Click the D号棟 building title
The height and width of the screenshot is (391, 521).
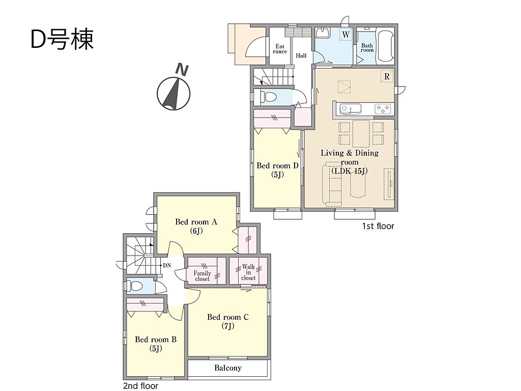(62, 39)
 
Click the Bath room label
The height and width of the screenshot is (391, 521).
(367, 47)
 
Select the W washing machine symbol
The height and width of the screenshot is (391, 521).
(346, 35)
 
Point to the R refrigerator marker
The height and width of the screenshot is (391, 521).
(387, 76)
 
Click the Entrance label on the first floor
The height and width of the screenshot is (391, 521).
(280, 49)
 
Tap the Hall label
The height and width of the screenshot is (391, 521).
(301, 56)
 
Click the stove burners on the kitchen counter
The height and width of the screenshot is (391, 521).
(383, 109)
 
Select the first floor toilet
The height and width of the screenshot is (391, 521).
(269, 97)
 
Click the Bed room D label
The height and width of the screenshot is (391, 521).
(277, 170)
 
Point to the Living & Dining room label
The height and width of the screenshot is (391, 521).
(350, 162)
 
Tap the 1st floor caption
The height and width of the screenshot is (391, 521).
(378, 226)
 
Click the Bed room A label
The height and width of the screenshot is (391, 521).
(196, 226)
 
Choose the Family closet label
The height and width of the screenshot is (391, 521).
(202, 276)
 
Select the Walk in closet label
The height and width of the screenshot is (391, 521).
(248, 272)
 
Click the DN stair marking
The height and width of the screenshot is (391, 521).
(167, 265)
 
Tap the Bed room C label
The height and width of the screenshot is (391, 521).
(228, 321)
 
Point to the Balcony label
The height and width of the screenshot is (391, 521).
(228, 368)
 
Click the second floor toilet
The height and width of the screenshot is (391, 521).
(136, 286)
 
